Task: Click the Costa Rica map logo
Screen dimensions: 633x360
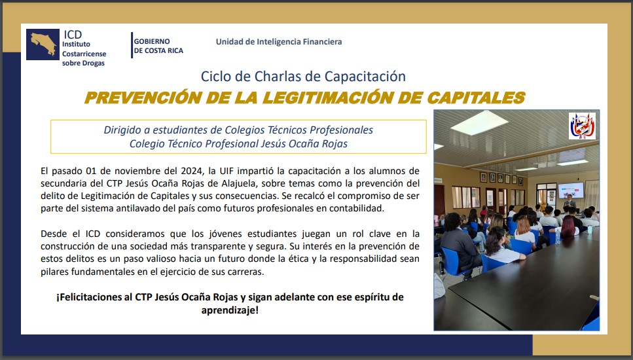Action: pyautogui.click(x=43, y=45)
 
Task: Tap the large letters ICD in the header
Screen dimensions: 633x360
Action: pyautogui.click(x=73, y=34)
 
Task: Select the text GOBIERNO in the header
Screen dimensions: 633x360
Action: pyautogui.click(x=152, y=41)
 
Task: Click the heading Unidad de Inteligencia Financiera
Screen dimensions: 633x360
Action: pyautogui.click(x=279, y=42)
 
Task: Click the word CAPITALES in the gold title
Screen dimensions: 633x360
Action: pyautogui.click(x=475, y=98)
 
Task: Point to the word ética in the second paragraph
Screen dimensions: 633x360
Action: pyautogui.click(x=297, y=259)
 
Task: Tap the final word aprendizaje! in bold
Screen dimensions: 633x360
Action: pyautogui.click(x=230, y=310)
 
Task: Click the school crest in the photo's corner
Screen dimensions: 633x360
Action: pyautogui.click(x=582, y=126)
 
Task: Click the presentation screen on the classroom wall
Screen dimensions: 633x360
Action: pyautogui.click(x=571, y=190)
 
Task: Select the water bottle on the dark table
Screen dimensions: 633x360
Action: pyautogui.click(x=558, y=236)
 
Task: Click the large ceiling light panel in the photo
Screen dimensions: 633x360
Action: pyautogui.click(x=479, y=122)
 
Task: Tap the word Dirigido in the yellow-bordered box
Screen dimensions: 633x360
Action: pyautogui.click(x=122, y=130)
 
